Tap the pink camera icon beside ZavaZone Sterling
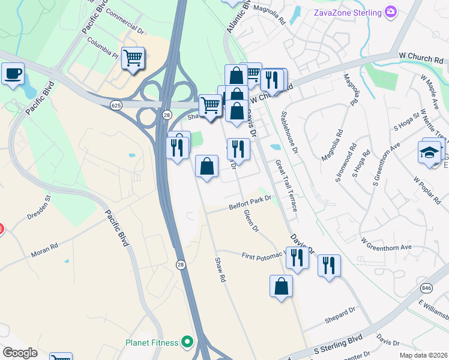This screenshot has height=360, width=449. click(391, 11)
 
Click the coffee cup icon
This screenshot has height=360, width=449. click(13, 74)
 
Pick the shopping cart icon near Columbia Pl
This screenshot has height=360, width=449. click(133, 58)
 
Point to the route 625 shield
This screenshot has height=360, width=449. click(116, 105)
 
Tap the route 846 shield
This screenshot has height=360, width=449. click(426, 288)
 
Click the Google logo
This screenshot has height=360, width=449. click(20, 353)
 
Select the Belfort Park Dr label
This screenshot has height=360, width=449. click(250, 206)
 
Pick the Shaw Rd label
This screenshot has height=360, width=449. click(220, 269)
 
